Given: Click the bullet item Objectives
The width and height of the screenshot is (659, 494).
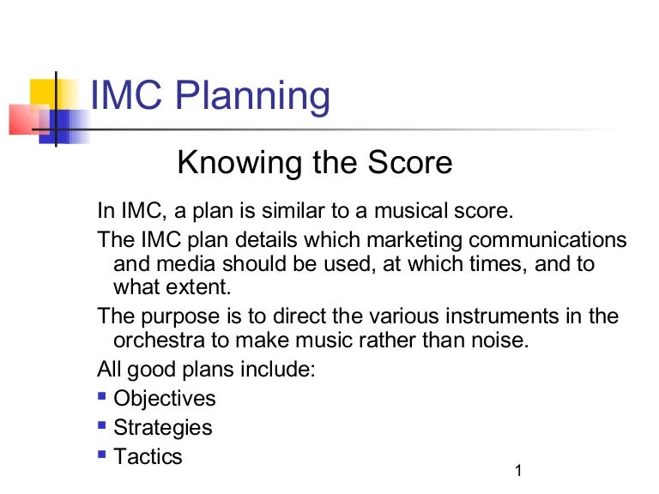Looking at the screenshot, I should (x=165, y=399).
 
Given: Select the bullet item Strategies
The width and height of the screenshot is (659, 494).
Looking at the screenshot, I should (x=163, y=427).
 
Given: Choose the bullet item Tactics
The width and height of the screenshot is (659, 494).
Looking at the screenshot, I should (x=148, y=456).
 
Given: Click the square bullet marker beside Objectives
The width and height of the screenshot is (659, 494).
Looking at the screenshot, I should (x=102, y=396).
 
